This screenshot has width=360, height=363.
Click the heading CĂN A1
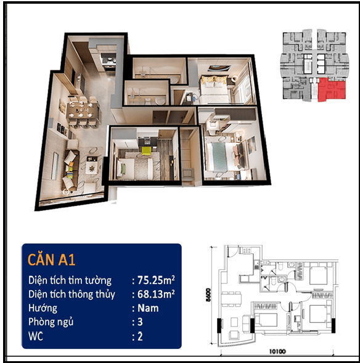click(x=51, y=259)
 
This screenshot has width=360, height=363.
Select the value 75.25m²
click(x=156, y=280)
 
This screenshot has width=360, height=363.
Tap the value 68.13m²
click(x=156, y=294)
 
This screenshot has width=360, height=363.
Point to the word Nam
click(x=148, y=308)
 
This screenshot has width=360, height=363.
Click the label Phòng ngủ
click(x=51, y=322)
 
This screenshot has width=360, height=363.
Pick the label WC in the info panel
click(x=36, y=336)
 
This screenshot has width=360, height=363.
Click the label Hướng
click(x=43, y=308)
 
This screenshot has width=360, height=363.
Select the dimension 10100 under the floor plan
click(x=277, y=351)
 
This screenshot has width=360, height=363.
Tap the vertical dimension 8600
click(x=208, y=295)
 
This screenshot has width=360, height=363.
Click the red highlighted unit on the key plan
click(x=331, y=90)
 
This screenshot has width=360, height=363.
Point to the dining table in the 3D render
click(x=82, y=111)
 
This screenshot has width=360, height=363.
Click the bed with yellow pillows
click(x=214, y=89)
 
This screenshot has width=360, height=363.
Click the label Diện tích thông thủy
click(x=72, y=294)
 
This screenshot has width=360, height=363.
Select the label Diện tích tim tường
click(x=70, y=280)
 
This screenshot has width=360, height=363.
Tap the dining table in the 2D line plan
click(x=231, y=299)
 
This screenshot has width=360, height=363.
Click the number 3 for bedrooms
click(x=140, y=322)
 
